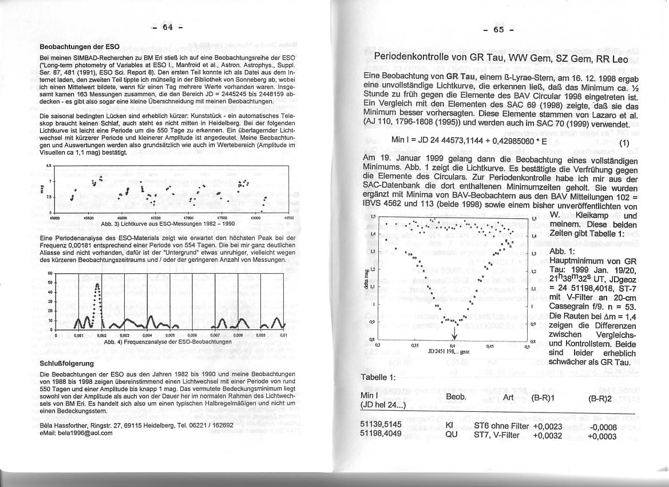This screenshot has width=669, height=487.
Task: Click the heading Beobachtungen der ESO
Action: pos(80,46)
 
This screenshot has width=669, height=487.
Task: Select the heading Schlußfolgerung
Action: pos(66,363)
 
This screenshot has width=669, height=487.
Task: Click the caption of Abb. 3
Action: pos(163,224)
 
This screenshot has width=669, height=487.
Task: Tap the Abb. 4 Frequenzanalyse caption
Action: pos(168,341)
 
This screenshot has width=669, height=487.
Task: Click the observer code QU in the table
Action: pos(452,435)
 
